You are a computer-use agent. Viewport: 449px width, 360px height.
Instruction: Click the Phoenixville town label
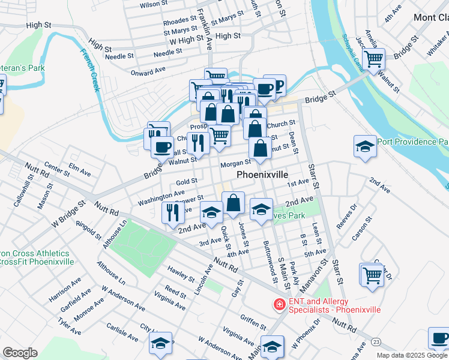(x=263, y=175)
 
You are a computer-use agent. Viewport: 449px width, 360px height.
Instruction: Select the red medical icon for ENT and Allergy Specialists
(x=279, y=305)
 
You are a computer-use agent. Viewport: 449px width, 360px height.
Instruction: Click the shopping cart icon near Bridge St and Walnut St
(x=375, y=59)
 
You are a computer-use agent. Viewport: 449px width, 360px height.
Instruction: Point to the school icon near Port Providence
(x=364, y=146)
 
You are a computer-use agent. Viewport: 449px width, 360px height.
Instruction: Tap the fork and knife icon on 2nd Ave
(x=173, y=212)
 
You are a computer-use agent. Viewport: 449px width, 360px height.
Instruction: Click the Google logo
(x=20, y=353)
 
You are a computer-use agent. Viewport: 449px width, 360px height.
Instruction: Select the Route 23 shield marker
(x=376, y=341)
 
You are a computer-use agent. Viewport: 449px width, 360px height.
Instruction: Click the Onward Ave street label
(x=148, y=71)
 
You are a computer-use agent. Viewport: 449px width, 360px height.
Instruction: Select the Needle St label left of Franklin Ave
(x=119, y=58)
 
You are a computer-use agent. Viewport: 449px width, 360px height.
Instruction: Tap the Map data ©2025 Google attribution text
(x=412, y=355)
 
